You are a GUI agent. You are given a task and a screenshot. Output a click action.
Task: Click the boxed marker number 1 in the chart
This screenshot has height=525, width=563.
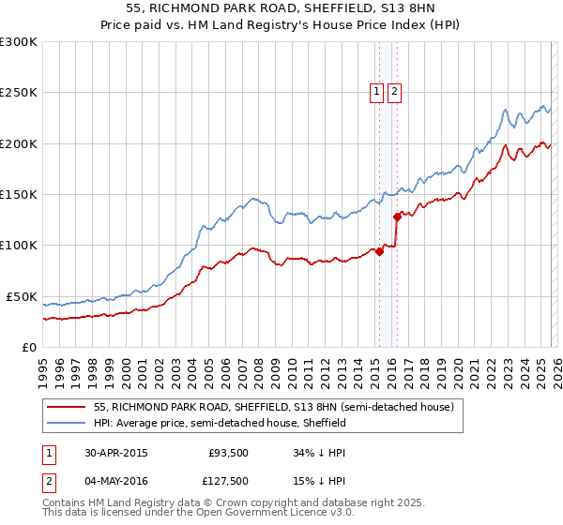point(377,91)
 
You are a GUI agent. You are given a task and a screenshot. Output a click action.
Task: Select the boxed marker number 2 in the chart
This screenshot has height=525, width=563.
point(393,91)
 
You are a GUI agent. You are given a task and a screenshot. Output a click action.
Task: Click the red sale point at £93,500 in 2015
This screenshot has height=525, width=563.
point(379,251)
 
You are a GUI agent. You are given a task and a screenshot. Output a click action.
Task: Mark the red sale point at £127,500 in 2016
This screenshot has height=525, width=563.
point(397,217)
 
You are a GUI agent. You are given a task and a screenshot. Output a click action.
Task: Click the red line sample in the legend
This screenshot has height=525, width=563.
point(67,408)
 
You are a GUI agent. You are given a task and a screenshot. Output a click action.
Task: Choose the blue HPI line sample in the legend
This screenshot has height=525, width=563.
point(67,423)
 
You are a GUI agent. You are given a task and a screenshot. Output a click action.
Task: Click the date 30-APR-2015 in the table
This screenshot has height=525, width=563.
point(114,453)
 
